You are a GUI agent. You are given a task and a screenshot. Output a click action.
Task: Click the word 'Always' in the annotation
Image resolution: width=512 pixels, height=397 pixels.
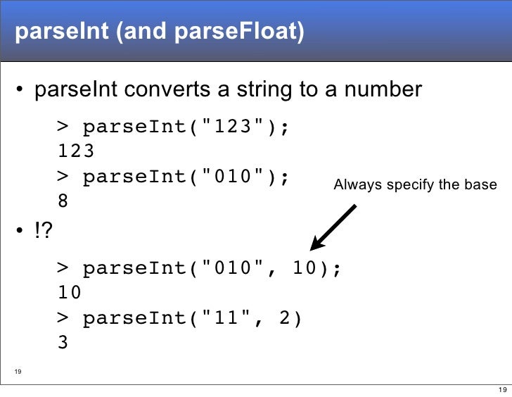point(354,185)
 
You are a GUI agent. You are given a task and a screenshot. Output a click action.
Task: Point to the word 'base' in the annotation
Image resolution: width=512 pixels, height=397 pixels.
point(482,185)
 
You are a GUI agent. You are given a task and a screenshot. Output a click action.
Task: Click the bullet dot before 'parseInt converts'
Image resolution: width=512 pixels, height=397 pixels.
point(21,91)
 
